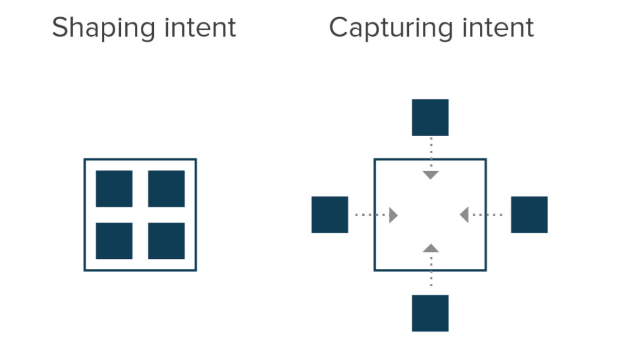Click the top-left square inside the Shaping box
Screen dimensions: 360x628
(x=114, y=188)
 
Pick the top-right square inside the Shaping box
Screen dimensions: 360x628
(x=166, y=188)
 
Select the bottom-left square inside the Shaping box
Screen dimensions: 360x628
(x=114, y=241)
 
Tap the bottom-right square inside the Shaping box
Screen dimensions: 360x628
(x=166, y=241)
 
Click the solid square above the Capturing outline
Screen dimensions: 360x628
(x=430, y=117)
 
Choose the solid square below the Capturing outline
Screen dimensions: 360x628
(x=430, y=313)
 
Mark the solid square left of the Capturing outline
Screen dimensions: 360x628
(x=329, y=215)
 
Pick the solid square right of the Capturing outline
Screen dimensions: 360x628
(x=529, y=215)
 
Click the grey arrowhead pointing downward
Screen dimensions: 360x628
(x=430, y=175)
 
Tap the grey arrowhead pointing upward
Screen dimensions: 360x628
(x=430, y=248)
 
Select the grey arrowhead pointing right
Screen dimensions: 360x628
(x=393, y=215)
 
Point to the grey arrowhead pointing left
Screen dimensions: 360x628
(x=464, y=215)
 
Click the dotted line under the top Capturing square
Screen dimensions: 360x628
(x=431, y=152)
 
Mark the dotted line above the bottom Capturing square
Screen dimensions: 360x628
(x=431, y=271)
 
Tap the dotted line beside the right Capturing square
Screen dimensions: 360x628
(x=487, y=215)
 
